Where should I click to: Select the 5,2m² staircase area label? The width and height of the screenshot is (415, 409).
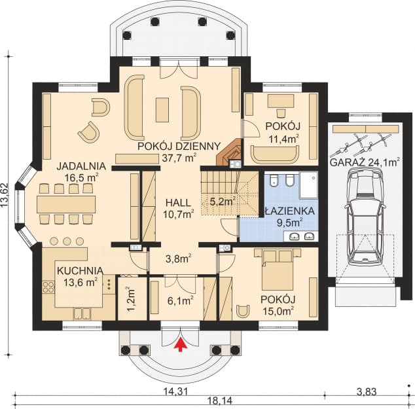(x=221, y=202)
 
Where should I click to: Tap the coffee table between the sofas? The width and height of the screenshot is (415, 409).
(x=162, y=109)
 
